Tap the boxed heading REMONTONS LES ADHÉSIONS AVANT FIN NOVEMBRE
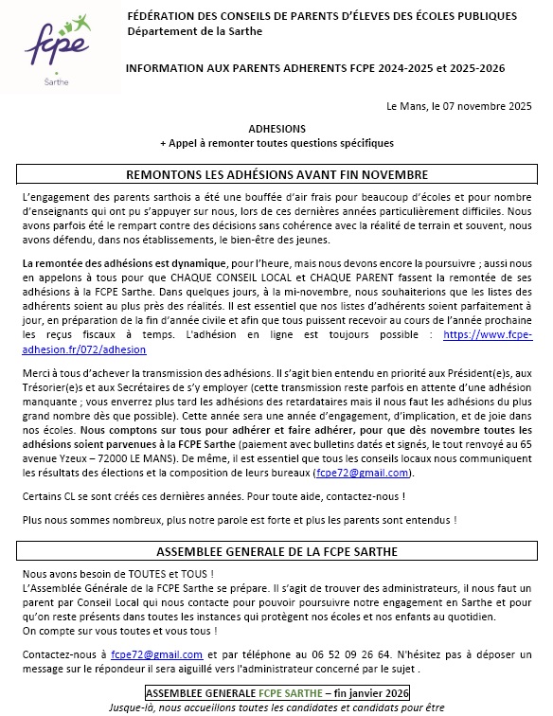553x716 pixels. [x=277, y=175]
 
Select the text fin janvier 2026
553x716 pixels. [x=375, y=692]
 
